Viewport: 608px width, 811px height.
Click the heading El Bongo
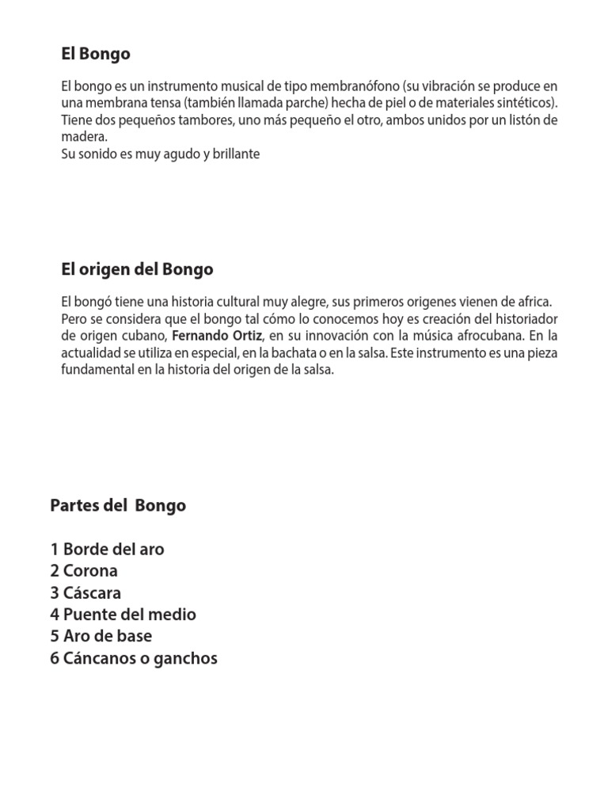[96, 55]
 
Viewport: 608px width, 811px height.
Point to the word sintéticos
[524, 103]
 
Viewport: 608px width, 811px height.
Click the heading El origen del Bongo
[137, 269]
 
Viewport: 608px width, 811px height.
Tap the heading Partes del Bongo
[118, 505]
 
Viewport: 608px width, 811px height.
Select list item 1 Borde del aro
[107, 549]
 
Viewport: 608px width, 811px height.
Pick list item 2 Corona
[83, 571]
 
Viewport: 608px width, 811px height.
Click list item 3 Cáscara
[85, 592]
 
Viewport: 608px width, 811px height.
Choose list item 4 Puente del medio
[123, 615]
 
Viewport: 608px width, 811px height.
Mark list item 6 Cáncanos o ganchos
[133, 657]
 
